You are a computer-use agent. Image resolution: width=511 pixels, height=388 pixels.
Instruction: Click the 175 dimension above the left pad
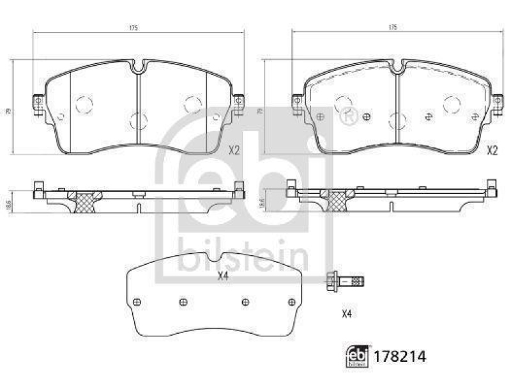click(134, 28)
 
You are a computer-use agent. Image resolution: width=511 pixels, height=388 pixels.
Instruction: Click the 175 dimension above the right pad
click(393, 28)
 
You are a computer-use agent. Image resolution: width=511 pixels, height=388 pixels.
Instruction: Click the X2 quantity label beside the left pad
click(234, 151)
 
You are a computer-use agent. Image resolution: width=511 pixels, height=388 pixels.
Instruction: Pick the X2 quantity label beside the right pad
click(492, 151)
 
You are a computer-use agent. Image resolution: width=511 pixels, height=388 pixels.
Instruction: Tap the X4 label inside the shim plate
click(223, 276)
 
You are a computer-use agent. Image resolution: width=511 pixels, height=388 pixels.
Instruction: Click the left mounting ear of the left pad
click(38, 103)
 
